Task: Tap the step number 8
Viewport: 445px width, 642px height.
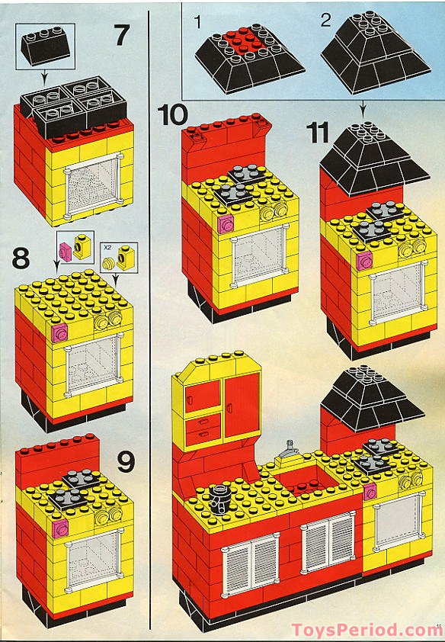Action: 21,258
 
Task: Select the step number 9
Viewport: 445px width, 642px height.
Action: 126,462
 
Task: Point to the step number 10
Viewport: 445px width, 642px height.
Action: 172,114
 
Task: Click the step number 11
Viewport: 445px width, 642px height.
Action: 318,133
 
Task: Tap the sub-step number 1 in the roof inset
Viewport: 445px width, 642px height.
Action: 198,22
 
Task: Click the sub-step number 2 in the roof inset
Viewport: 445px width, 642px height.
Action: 326,20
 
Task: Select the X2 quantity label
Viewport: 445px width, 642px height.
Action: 107,247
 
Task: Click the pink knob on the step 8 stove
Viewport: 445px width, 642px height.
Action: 59,333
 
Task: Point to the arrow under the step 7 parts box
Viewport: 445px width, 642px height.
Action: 44,75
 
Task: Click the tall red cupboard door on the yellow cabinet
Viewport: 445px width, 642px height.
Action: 242,405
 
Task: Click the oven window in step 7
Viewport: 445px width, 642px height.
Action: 93,185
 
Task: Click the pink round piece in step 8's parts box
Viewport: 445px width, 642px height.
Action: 66,252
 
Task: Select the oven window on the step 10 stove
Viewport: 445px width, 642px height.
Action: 259,256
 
